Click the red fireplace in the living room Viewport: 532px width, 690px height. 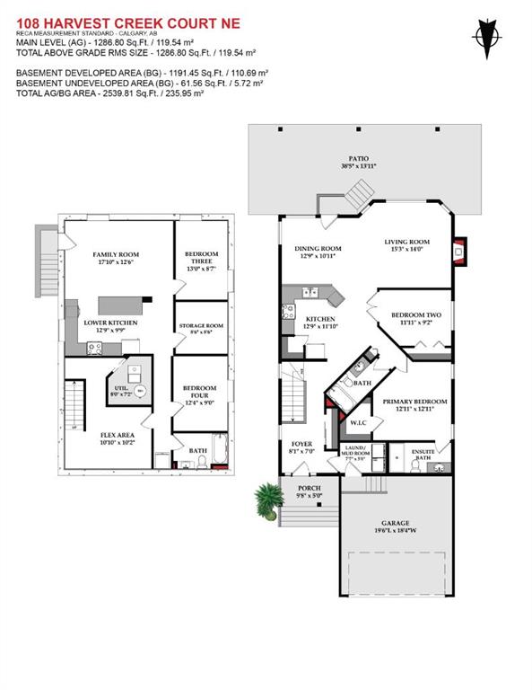460,252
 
